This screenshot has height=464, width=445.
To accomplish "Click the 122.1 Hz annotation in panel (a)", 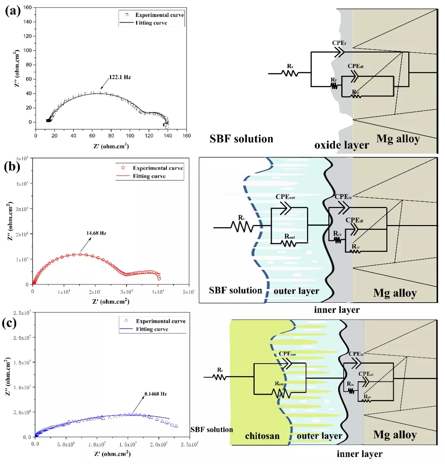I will [x=119, y=77].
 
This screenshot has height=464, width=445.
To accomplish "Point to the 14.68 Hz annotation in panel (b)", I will [x=96, y=233].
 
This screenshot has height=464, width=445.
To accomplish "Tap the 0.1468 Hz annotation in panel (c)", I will [x=155, y=394].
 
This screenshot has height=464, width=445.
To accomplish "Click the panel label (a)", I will [x=13, y=11].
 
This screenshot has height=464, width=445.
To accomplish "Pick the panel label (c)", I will [x=10, y=322].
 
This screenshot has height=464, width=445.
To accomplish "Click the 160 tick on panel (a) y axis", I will [x=27, y=7].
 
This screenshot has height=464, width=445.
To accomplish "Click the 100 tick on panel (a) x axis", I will [x=130, y=135].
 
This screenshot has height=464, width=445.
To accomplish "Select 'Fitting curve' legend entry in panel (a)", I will [x=151, y=23].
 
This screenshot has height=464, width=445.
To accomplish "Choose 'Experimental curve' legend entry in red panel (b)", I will [x=157, y=168].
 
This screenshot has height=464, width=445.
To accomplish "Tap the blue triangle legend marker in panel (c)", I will [x=126, y=320].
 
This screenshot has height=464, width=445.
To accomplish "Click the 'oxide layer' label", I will [x=342, y=145].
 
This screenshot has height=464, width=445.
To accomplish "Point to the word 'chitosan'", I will [x=262, y=436].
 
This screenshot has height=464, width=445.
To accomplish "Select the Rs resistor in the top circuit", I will [x=290, y=73].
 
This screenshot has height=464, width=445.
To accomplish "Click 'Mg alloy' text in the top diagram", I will [x=398, y=139].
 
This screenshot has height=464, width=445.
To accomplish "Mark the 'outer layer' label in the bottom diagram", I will [x=319, y=436].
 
